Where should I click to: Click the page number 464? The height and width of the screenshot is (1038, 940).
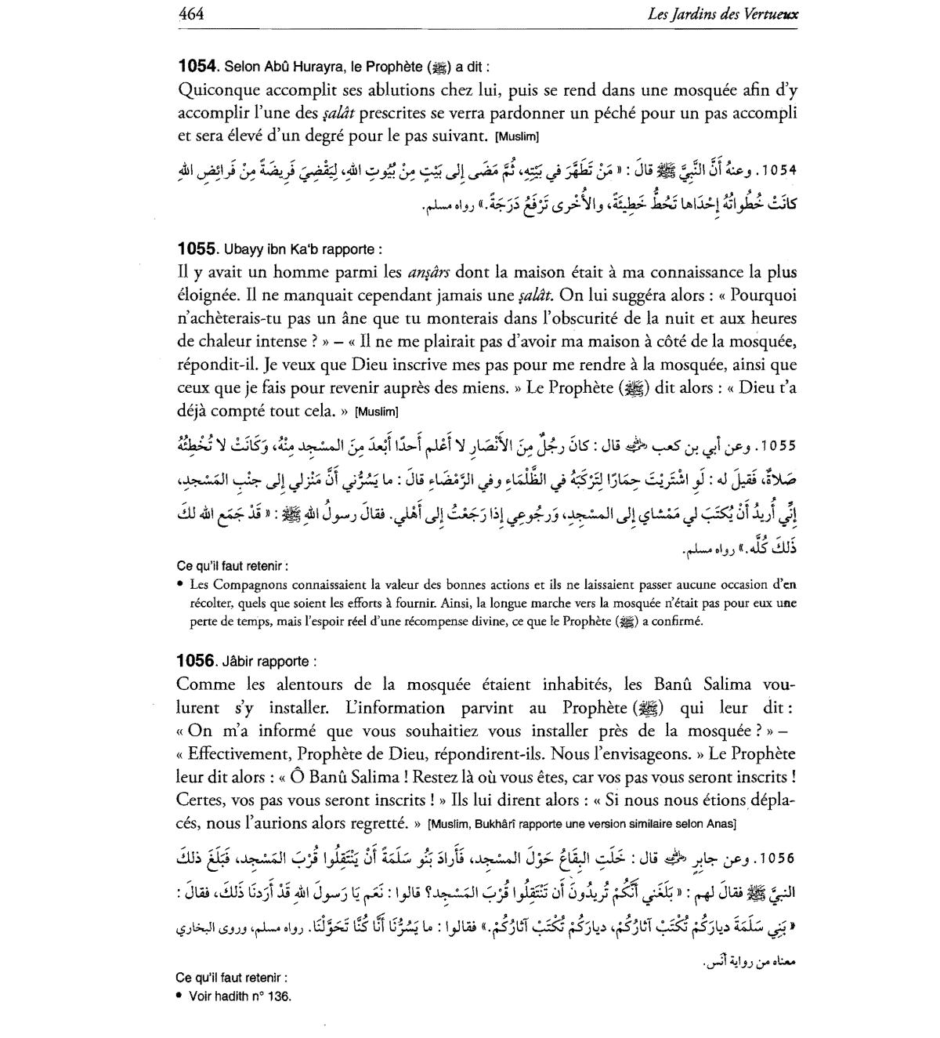192,14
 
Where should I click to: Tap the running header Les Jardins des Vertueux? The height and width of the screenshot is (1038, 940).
723,14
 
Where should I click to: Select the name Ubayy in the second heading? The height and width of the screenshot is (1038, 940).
241,250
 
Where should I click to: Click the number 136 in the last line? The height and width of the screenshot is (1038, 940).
280,996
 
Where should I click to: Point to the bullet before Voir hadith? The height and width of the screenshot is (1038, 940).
179,996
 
